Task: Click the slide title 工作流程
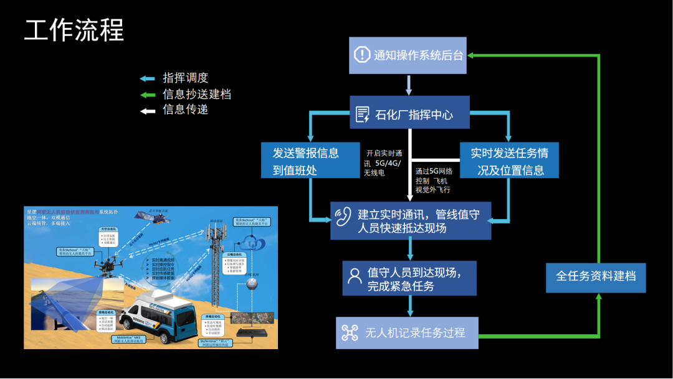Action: click(74, 30)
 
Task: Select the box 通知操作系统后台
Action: click(408, 55)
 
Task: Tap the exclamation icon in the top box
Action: click(362, 55)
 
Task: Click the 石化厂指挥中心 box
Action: click(408, 115)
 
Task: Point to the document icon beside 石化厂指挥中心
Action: click(362, 115)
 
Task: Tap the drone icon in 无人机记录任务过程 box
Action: click(349, 333)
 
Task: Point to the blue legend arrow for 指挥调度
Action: click(147, 78)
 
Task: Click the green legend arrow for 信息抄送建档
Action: click(147, 95)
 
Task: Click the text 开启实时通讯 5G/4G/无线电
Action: click(384, 162)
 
